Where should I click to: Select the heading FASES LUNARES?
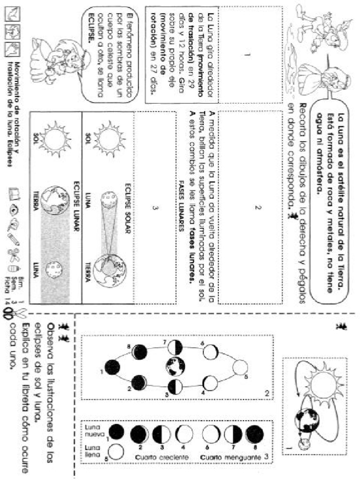click(x=183, y=207)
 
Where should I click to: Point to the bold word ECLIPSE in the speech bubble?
click(x=92, y=28)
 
